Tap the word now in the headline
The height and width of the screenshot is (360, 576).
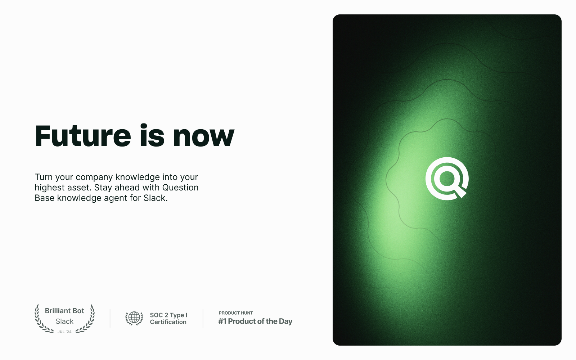point(204,138)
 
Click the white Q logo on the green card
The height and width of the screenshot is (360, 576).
point(447,179)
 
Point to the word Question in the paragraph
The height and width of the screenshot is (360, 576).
point(180,188)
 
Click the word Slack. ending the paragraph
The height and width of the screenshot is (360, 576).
point(155,198)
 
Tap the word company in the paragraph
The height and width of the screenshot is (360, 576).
point(94,177)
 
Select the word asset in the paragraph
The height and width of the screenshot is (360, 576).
point(79,188)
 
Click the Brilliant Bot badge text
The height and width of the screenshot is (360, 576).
point(64,311)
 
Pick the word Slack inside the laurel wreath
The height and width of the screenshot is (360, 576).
point(64,321)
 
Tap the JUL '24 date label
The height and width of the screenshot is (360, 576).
point(64,332)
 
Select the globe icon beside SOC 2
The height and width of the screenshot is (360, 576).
point(134,318)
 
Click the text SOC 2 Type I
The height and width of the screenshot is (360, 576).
point(168,315)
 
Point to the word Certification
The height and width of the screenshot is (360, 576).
point(168,322)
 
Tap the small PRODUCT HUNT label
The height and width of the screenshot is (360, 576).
point(236,313)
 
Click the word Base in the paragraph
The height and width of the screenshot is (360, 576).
point(45,198)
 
